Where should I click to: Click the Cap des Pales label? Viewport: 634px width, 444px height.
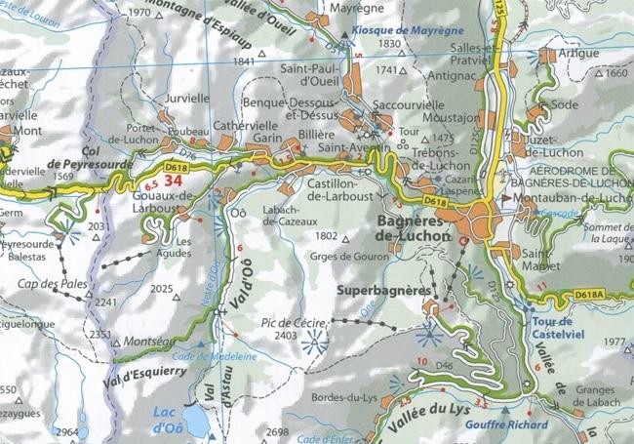[48, 284]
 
